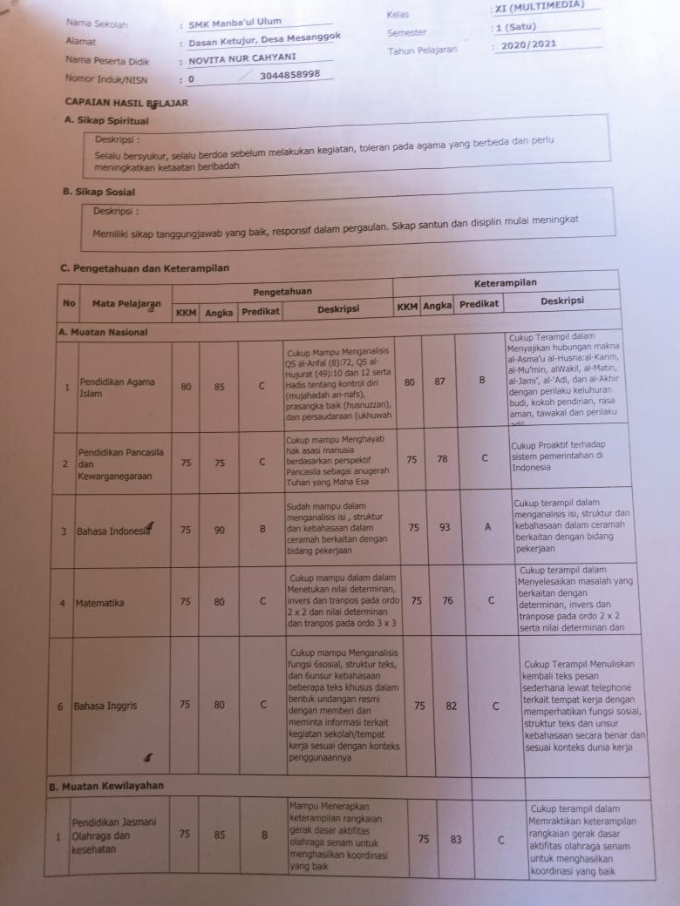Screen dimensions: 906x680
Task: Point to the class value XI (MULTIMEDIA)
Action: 541,7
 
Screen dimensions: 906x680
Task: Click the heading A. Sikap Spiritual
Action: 107,121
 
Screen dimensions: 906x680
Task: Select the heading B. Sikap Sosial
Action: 99,192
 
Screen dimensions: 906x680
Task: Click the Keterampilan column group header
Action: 505,283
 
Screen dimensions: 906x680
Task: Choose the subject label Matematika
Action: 99,603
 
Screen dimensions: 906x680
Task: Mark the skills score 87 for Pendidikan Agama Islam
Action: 439,382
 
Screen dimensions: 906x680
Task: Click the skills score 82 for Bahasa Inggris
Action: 451,707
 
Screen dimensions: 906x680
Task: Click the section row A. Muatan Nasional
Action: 102,332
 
